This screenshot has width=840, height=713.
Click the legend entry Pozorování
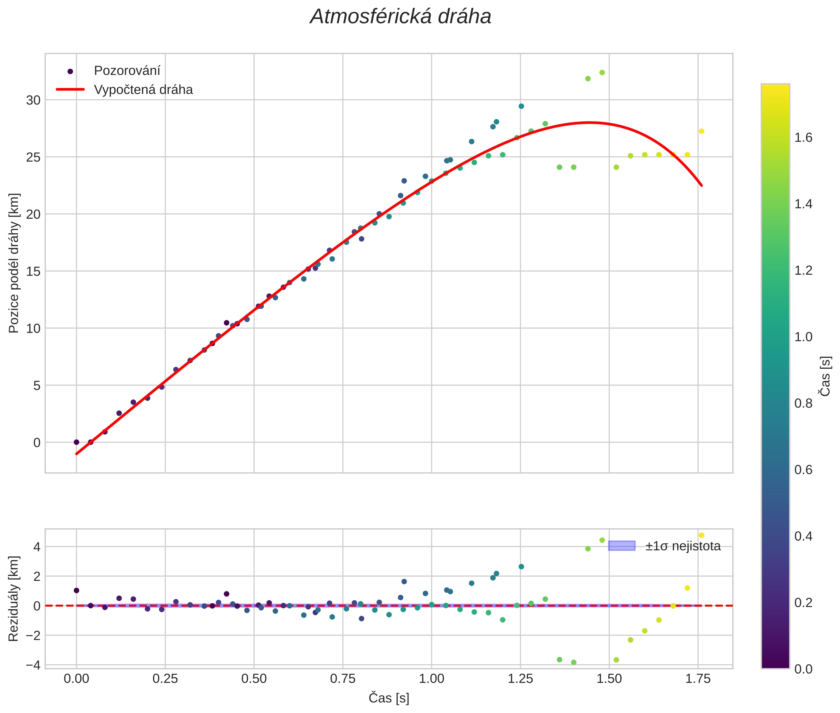(127, 71)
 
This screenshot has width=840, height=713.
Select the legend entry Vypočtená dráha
(143, 90)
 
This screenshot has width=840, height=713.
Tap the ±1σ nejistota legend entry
(683, 546)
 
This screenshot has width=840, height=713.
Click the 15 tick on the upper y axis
(34, 272)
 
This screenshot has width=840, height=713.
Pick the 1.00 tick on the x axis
(431, 679)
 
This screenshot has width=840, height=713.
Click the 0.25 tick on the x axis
(165, 679)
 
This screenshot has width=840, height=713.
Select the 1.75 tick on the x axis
(698, 679)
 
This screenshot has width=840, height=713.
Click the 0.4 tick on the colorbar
(803, 536)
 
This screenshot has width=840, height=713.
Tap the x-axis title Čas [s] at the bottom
(389, 698)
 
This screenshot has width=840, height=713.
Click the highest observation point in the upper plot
(602, 73)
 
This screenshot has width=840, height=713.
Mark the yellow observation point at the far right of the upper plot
(702, 131)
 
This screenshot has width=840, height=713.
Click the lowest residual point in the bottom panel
(573, 662)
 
